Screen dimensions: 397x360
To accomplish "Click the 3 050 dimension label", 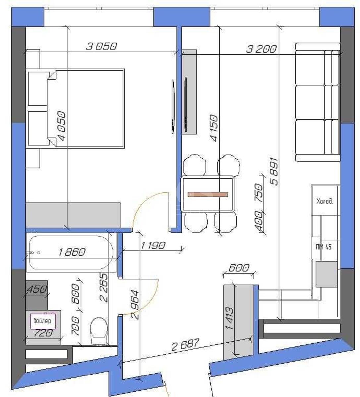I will [x=101, y=47].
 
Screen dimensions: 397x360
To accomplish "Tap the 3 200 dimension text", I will [x=261, y=49].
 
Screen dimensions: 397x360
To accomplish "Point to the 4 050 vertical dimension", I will [x=62, y=127].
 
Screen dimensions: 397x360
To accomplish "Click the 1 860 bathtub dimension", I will [x=72, y=252].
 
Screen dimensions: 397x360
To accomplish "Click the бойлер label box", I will [x=42, y=321].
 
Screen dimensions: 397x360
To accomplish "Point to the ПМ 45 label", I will [x=324, y=247].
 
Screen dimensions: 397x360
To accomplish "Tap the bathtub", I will [x=71, y=253].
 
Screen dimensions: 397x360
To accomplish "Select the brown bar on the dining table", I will [x=208, y=194].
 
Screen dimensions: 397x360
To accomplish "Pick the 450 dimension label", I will [x=36, y=289].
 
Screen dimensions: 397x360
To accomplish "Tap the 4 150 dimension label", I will [x=214, y=128].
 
